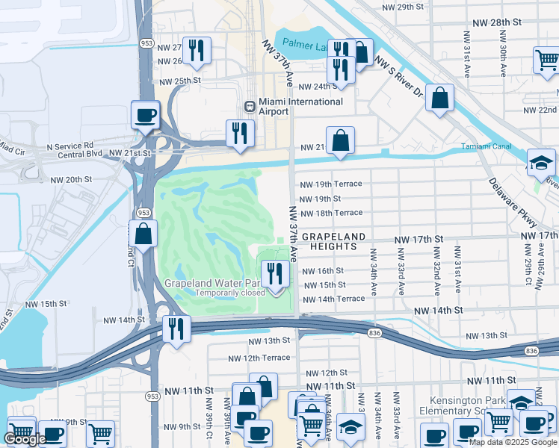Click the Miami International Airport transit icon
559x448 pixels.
coord(250,106)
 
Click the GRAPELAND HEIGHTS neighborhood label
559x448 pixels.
coord(334,241)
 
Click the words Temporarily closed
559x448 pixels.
coord(230,293)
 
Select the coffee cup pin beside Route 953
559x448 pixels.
coord(145,115)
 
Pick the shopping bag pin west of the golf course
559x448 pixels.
coord(143,233)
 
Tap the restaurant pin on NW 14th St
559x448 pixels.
coord(176,329)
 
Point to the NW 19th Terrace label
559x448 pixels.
coord(330,184)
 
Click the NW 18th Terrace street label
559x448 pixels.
coord(330,213)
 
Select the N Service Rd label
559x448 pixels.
coord(70,146)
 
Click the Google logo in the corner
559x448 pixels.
coord(25,439)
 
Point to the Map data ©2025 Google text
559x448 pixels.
coord(513,442)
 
